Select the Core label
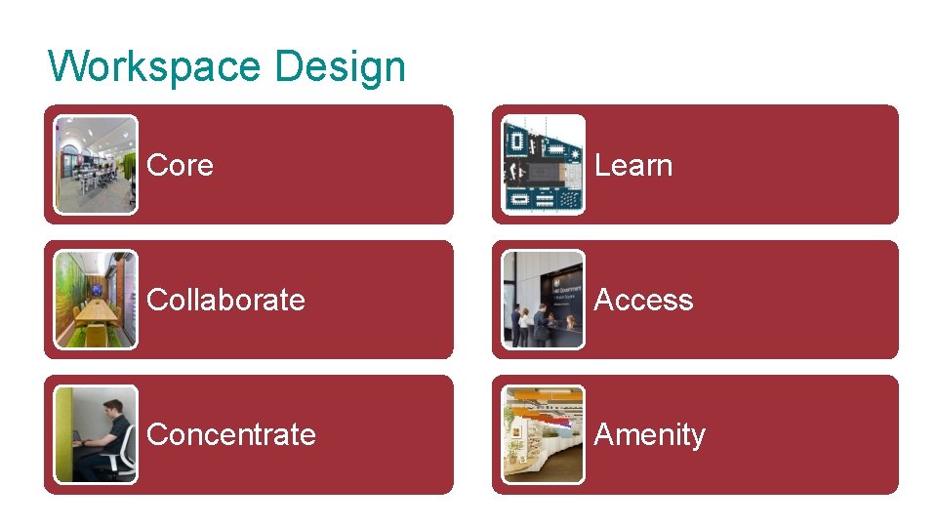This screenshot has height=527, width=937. pyautogui.click(x=180, y=166)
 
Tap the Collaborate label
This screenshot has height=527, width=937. pyautogui.click(x=225, y=300)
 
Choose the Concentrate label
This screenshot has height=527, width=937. pyautogui.click(x=230, y=434)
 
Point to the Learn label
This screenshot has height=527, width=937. pyautogui.click(x=632, y=166)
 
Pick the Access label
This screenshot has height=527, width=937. pyautogui.click(x=643, y=300)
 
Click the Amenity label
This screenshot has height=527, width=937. pyautogui.click(x=649, y=434)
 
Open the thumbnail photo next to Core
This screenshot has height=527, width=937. pyautogui.click(x=96, y=165)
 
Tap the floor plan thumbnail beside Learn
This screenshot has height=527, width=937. pyautogui.click(x=543, y=165)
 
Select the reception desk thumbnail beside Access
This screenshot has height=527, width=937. pyautogui.click(x=543, y=300)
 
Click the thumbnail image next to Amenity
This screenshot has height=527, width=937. pyautogui.click(x=543, y=434)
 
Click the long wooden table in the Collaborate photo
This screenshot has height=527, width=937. pyautogui.click(x=97, y=312)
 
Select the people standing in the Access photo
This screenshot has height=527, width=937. pyautogui.click(x=532, y=322)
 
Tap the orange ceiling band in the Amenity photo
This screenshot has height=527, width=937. pyautogui.click(x=547, y=394)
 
